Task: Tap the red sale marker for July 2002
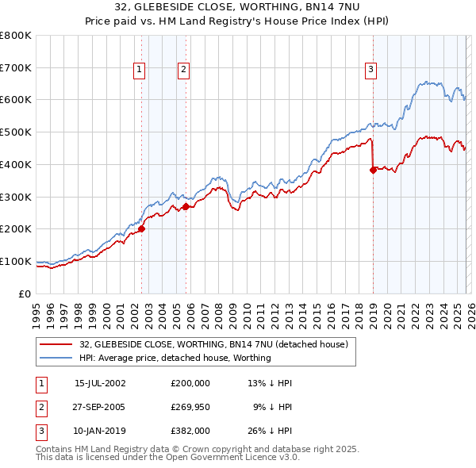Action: pyautogui.click(x=141, y=229)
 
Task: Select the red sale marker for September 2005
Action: pyautogui.click(x=186, y=207)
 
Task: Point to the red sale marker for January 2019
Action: pyautogui.click(x=373, y=170)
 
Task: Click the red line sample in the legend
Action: pyautogui.click(x=56, y=345)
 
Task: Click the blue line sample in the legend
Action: pyautogui.click(x=56, y=358)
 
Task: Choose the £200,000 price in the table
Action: pyautogui.click(x=190, y=383)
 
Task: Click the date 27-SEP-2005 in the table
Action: pyautogui.click(x=100, y=407)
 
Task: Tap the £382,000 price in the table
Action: pyautogui.click(x=190, y=431)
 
